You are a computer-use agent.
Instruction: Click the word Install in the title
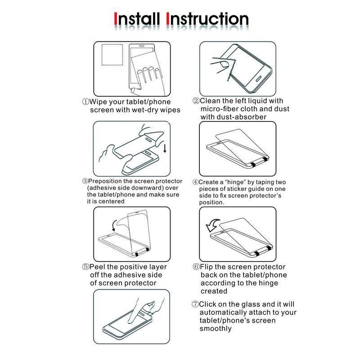pyautogui.click(x=137, y=19)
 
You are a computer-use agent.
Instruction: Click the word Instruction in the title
pyautogui.click(x=207, y=19)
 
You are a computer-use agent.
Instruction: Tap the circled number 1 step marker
pyautogui.click(x=85, y=102)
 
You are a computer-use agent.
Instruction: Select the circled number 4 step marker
pyautogui.click(x=195, y=182)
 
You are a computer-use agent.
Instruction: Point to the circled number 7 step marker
pyautogui.click(x=195, y=305)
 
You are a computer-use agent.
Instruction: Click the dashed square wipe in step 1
pyautogui.click(x=112, y=54)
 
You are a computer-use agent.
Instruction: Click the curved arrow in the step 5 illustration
pyautogui.click(x=114, y=225)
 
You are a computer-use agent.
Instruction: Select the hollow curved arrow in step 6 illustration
pyautogui.click(x=213, y=225)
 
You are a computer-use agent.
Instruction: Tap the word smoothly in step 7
pyautogui.click(x=216, y=328)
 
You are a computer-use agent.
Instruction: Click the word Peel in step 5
pyautogui.click(x=97, y=267)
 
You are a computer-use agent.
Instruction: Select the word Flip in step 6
pyautogui.click(x=207, y=267)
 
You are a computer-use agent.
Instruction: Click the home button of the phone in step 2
pyautogui.click(x=258, y=78)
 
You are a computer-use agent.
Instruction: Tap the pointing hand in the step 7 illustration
pyautogui.click(x=144, y=310)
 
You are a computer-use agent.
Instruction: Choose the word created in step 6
pyautogui.click(x=214, y=291)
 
